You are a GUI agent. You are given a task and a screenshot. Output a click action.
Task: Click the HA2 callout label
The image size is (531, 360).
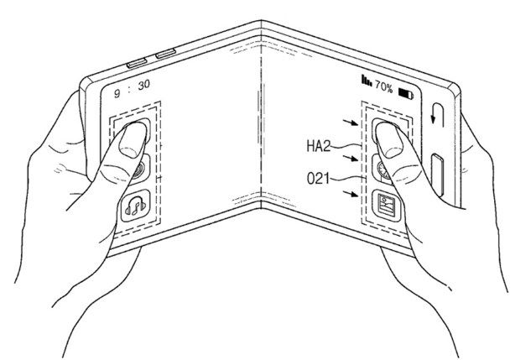click(318, 146)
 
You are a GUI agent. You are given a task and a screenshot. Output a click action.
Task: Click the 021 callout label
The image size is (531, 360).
click(318, 179)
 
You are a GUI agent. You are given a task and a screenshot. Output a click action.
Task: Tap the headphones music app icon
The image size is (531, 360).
click(136, 206)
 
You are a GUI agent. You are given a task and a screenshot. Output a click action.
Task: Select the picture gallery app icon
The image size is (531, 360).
click(387, 206)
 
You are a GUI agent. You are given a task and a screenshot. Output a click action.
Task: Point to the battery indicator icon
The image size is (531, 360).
click(406, 93)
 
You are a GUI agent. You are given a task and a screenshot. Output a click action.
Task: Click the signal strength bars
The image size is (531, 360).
click(367, 81)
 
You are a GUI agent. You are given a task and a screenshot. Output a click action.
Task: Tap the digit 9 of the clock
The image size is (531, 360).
click(117, 93)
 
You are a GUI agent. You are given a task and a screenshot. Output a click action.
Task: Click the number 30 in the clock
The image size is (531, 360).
click(143, 85)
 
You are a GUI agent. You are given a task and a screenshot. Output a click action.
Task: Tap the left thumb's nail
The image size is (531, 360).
click(132, 140)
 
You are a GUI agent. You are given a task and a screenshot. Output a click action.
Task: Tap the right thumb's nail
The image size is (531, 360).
click(389, 140)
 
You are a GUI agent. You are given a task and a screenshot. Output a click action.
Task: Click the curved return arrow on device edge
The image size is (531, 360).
click(437, 114)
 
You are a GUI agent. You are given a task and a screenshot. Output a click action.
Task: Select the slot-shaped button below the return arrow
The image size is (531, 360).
click(438, 175)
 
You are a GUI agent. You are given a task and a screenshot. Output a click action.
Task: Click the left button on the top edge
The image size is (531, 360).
click(137, 63)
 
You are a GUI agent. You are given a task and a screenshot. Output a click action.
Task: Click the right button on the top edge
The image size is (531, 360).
click(165, 54)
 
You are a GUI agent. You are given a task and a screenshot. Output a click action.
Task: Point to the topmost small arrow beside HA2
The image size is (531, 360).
click(351, 123)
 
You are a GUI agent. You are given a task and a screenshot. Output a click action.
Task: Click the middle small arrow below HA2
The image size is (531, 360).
click(351, 158)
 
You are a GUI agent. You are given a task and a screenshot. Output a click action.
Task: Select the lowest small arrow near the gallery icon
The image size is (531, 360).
click(351, 193)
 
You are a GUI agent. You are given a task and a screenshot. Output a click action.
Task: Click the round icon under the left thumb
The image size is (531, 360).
click(139, 170)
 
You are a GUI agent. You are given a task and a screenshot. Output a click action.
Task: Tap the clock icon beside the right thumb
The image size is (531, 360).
click(383, 170)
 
